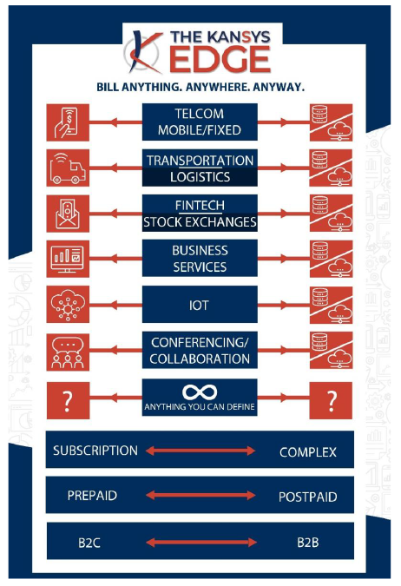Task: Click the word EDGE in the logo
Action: coord(220,59)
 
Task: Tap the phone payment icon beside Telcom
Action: coord(68,122)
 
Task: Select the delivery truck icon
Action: coord(68,168)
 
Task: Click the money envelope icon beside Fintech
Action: coord(68,214)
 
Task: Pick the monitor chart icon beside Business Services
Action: coord(68,259)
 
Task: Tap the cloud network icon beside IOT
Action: coord(68,304)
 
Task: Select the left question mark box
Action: coord(68,400)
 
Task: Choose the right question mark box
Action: coord(331,400)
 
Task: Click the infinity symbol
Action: coord(200,392)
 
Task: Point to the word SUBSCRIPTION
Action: coord(95,451)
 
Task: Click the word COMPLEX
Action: coord(308,452)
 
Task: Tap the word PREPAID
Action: coord(92,496)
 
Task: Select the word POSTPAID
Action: coord(308,497)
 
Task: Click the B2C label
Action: coord(89,543)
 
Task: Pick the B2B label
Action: coord(308,543)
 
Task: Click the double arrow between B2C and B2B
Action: coord(201,543)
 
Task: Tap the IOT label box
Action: coord(200,305)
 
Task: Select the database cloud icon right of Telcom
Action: coord(331,122)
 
